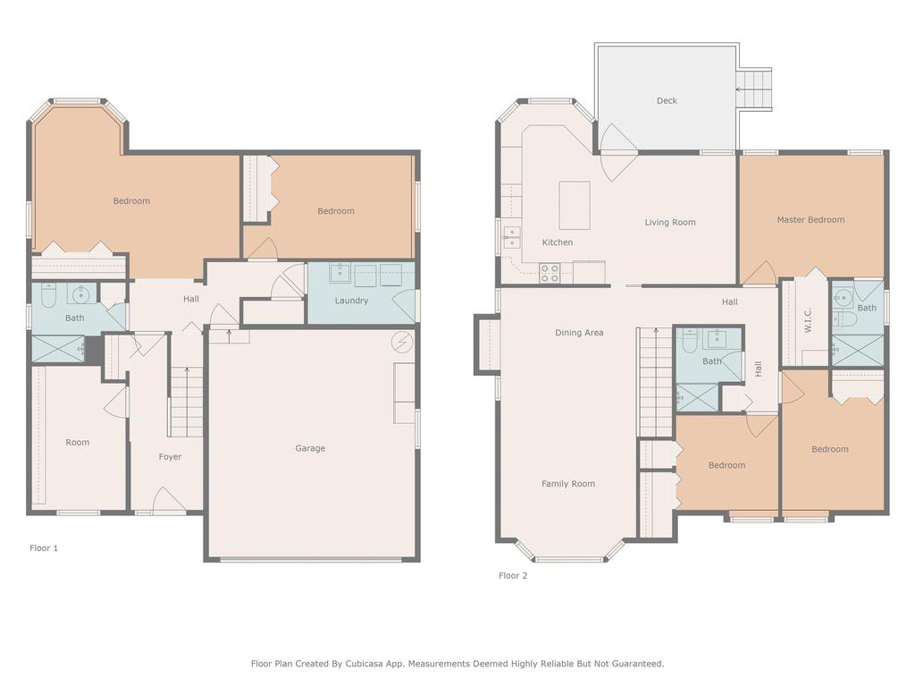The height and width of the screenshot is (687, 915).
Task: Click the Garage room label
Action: coord(310,448)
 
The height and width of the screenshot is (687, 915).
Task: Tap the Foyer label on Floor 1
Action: coord(170,457)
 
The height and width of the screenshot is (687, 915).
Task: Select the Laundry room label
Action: coord(351,301)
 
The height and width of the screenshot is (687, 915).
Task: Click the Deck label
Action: coord(667,101)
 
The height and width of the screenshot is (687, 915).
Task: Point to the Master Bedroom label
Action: coord(810,220)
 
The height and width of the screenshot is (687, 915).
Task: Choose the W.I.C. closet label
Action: coord(807,321)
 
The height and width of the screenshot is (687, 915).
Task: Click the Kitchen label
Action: coord(558,242)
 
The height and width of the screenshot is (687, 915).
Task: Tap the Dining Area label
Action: coord(579,333)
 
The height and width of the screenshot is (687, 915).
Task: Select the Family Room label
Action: coord(568,484)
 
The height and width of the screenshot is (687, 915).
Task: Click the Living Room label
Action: coord(670,223)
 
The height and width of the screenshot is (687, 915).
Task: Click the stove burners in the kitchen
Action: coord(550,273)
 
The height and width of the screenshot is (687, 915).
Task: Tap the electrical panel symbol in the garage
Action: coord(402,342)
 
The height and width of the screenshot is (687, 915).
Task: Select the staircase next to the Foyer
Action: coord(187,404)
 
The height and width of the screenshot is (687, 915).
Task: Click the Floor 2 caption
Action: coord(513,576)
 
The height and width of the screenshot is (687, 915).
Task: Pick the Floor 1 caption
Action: coord(44,548)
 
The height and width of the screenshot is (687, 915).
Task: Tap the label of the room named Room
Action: coord(78,443)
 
